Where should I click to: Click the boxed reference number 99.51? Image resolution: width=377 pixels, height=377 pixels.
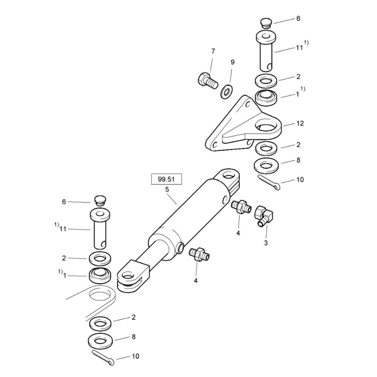point(166,179)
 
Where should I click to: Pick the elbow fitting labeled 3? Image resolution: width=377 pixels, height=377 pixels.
point(264,215)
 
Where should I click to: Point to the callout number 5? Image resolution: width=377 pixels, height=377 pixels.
point(167,190)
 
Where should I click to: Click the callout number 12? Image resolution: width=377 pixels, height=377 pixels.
point(300,123)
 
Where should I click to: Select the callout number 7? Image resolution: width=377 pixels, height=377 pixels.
point(213,51)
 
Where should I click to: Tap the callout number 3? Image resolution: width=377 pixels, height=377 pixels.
point(266,243)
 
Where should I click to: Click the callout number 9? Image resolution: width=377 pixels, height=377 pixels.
point(233,62)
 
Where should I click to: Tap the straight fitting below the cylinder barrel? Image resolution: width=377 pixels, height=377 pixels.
point(199,254)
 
